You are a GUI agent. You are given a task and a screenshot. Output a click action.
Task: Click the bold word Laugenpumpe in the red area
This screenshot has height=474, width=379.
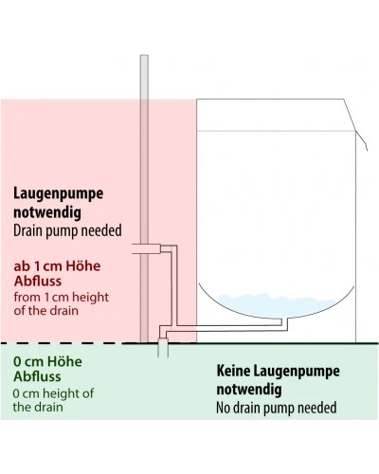(58, 193)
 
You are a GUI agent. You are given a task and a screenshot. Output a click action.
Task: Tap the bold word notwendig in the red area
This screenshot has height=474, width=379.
(47, 212)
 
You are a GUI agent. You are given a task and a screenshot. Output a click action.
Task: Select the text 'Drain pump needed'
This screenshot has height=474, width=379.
(67, 230)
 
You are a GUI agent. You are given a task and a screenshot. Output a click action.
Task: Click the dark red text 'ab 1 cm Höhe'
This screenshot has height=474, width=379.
(57, 266)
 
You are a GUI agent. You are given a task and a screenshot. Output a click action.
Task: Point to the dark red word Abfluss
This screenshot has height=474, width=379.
(38, 281)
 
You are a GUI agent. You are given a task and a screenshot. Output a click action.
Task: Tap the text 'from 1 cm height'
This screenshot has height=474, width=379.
(61, 298)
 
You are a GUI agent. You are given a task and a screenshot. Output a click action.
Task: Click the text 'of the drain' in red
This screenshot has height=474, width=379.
(45, 311)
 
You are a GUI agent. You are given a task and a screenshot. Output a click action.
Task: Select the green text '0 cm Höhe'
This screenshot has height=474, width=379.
(47, 361)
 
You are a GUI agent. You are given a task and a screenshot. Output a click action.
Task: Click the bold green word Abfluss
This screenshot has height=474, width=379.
(37, 376)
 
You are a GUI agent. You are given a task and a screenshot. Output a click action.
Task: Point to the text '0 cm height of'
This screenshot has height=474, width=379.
(53, 393)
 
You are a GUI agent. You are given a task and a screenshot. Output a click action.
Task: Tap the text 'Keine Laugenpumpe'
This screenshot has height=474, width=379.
(278, 371)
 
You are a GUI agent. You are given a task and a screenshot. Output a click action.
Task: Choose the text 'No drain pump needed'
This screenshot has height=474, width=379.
(276, 408)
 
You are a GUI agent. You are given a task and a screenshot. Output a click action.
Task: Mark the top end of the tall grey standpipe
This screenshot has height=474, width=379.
(144, 56)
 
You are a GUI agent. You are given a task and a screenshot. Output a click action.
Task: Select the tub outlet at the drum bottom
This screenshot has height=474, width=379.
(284, 321)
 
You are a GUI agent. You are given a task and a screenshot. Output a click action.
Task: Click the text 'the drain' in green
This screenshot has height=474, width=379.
(38, 407)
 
